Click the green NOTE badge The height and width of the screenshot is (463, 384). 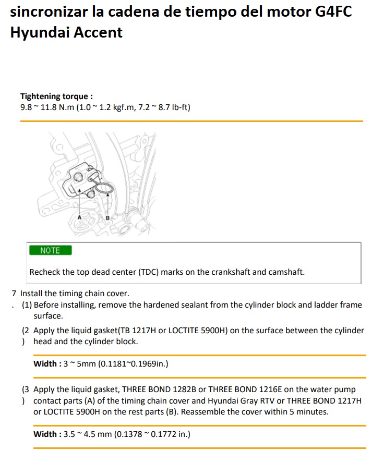(51, 250)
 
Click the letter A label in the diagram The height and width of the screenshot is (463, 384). (79, 217)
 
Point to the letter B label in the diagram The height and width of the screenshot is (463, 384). (107, 218)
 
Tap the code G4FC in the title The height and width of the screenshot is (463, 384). (334, 11)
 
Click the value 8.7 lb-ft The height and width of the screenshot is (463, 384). (173, 107)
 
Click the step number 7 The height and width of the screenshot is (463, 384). (14, 293)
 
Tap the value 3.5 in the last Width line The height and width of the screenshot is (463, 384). (69, 434)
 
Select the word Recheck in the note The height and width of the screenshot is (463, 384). (44, 272)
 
